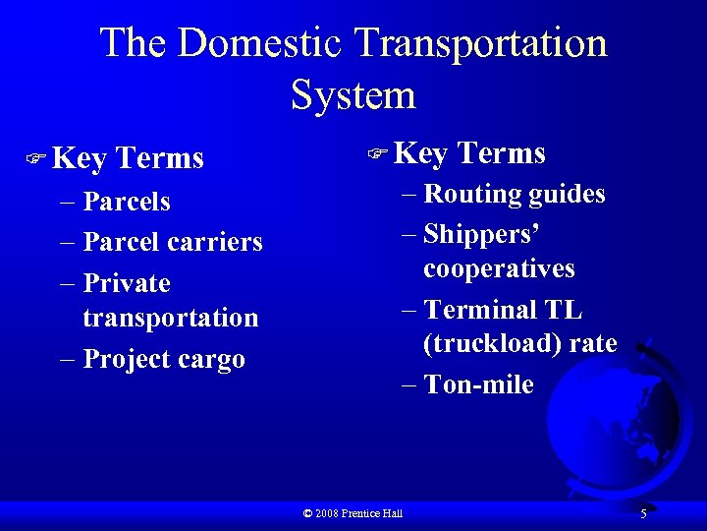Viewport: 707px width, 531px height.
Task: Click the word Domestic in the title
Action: tap(262, 44)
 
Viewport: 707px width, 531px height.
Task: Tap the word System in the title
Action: tap(353, 95)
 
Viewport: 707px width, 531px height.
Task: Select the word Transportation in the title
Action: tap(481, 44)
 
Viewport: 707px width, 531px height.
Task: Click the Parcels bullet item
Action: tap(127, 202)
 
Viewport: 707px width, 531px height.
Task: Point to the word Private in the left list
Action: tap(127, 283)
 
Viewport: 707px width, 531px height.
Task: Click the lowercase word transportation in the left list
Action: tap(171, 318)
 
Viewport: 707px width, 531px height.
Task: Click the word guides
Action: tap(568, 194)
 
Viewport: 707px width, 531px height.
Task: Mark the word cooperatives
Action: tap(499, 269)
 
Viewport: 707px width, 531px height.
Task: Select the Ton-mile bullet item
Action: tap(479, 384)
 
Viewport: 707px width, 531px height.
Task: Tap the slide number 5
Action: tap(643, 513)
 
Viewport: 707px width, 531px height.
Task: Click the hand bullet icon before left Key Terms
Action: tap(38, 157)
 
